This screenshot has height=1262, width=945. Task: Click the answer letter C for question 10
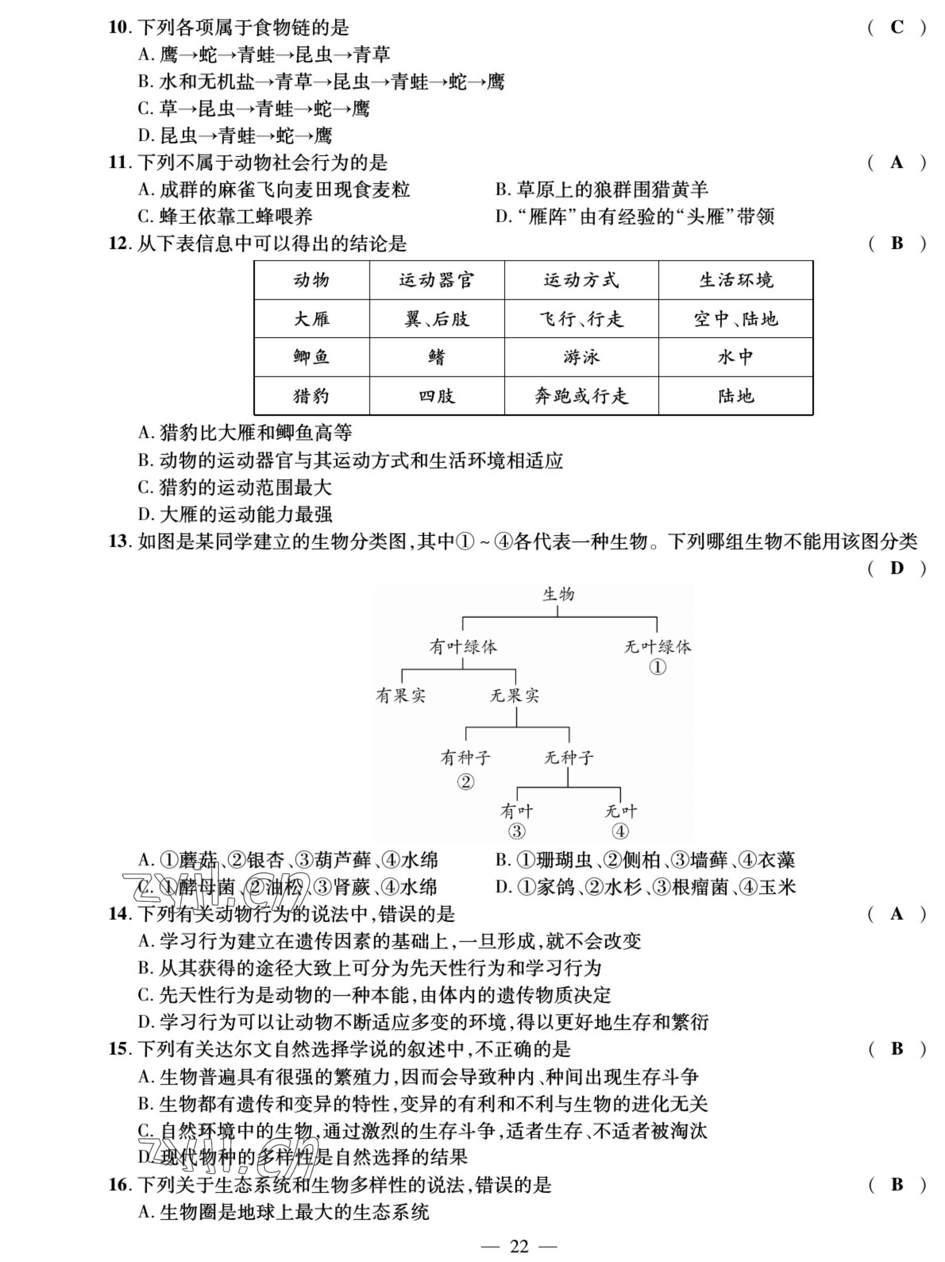click(896, 27)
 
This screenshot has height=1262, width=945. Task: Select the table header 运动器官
click(436, 280)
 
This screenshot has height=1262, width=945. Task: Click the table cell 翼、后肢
click(436, 319)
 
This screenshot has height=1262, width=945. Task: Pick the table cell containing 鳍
click(436, 357)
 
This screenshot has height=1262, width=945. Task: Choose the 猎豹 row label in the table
click(312, 396)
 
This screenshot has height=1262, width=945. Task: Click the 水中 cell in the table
click(735, 357)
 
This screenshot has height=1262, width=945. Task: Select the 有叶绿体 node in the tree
click(463, 646)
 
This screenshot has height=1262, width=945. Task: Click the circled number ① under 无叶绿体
click(657, 666)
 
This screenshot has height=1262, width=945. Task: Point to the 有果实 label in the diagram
click(401, 695)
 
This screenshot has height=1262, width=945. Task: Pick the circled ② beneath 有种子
click(465, 782)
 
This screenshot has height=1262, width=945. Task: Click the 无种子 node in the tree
click(568, 758)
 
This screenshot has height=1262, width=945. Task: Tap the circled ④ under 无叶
click(620, 831)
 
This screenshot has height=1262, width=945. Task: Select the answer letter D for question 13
click(896, 568)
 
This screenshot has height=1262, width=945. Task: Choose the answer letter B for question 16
click(896, 1185)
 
